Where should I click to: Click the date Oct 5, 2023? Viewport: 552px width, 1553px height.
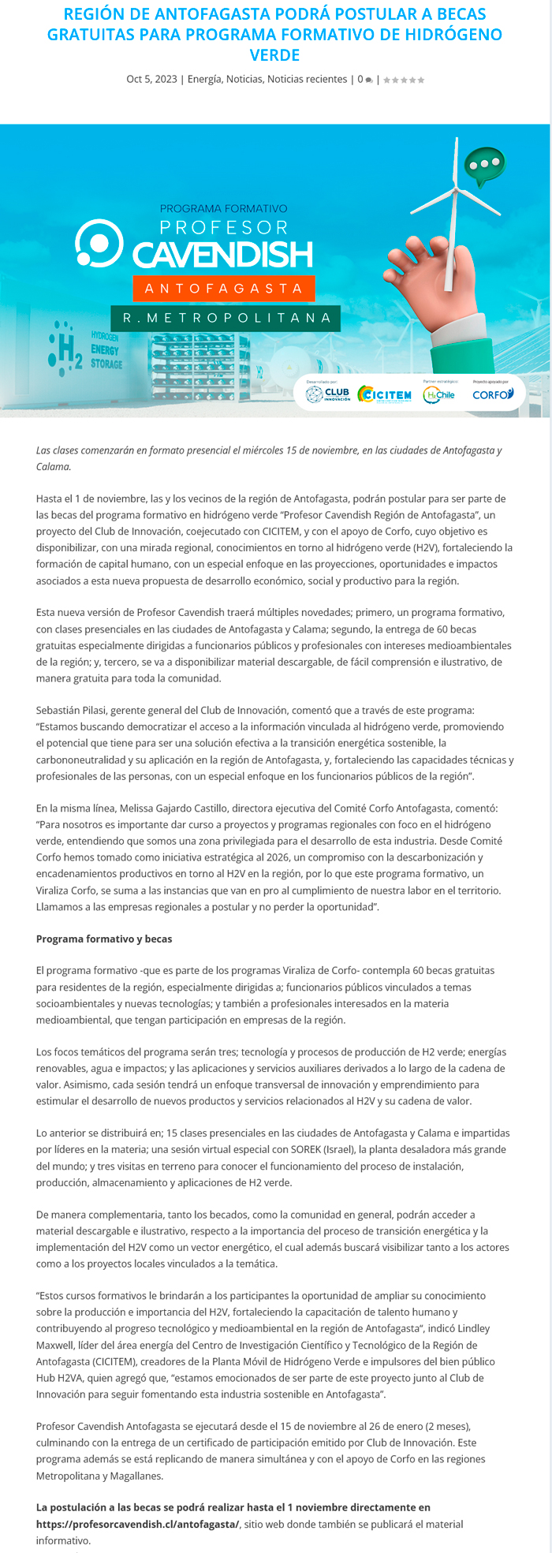151,80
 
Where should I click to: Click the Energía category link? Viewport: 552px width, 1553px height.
204,80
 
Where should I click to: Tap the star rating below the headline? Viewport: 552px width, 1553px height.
404,80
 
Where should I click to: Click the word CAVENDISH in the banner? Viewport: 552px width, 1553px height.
222,255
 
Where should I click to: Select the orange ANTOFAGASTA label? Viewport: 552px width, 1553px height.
224,289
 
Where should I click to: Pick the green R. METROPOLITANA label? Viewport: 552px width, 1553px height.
226,318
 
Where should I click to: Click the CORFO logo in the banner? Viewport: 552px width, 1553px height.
493,394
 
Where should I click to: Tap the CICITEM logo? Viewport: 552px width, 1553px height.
384,394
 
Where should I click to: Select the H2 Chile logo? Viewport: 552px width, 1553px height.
438,394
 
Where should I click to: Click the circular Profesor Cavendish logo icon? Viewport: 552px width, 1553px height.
99,243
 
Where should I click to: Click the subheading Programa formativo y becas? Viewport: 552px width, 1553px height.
104,939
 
